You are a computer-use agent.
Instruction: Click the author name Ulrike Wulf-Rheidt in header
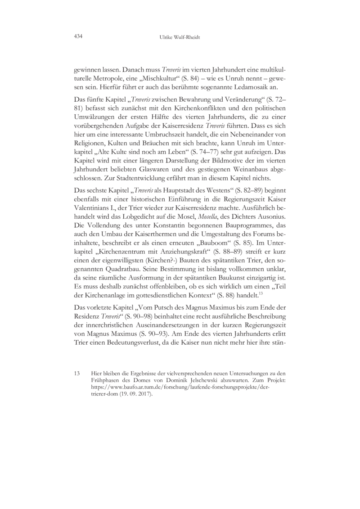tap(180, 36)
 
